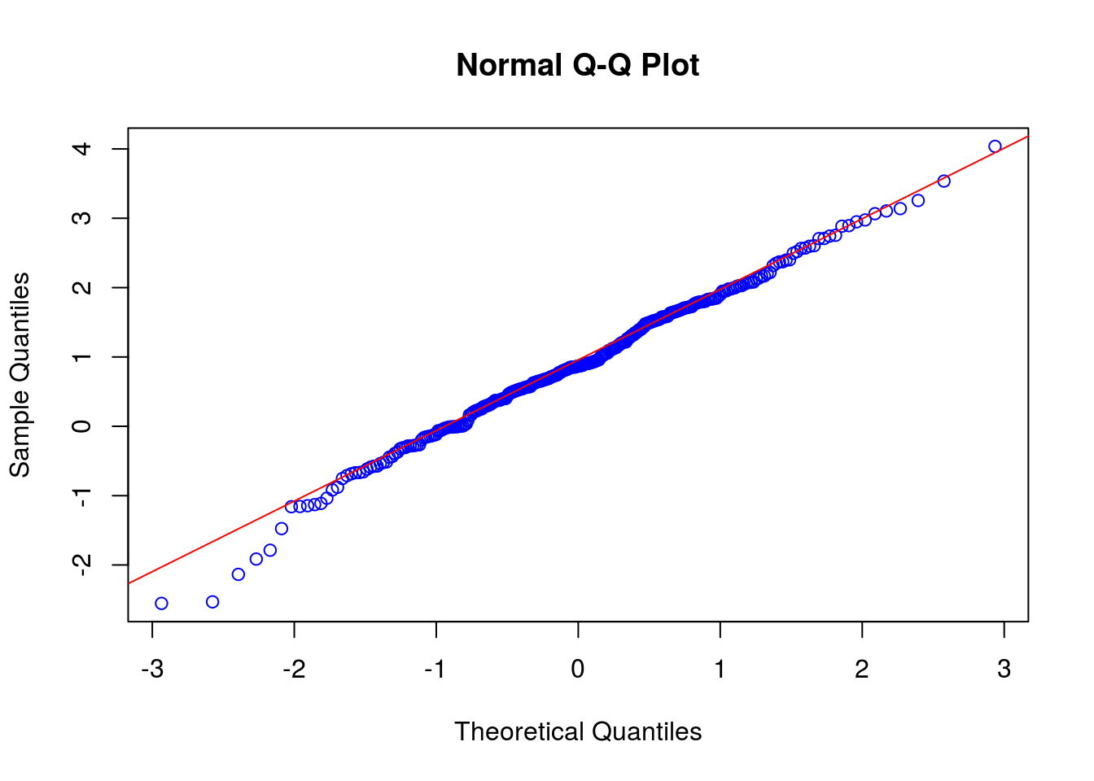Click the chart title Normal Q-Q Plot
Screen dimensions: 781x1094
tap(577, 65)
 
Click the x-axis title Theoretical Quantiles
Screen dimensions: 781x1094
tap(578, 731)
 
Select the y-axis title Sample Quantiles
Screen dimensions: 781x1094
tap(20, 375)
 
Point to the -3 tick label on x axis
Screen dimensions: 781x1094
tap(152, 669)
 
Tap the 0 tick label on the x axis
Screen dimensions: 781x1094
tap(578, 669)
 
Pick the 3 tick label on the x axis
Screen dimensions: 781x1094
tap(1004, 669)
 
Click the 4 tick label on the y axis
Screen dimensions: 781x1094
tap(82, 149)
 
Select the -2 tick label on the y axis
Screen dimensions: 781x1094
tap(82, 565)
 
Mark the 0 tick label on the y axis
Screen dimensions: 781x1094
tap(82, 426)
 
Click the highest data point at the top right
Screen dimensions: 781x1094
tap(995, 146)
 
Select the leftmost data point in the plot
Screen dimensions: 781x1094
tap(161, 604)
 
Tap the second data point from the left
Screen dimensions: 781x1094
tap(212, 602)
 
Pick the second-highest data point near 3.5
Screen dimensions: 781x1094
tap(944, 181)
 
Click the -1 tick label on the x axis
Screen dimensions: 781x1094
tap(436, 669)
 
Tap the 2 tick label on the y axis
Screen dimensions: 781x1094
tap(82, 287)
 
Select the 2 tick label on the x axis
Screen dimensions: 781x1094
tap(862, 669)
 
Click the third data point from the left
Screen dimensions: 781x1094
tap(238, 574)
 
